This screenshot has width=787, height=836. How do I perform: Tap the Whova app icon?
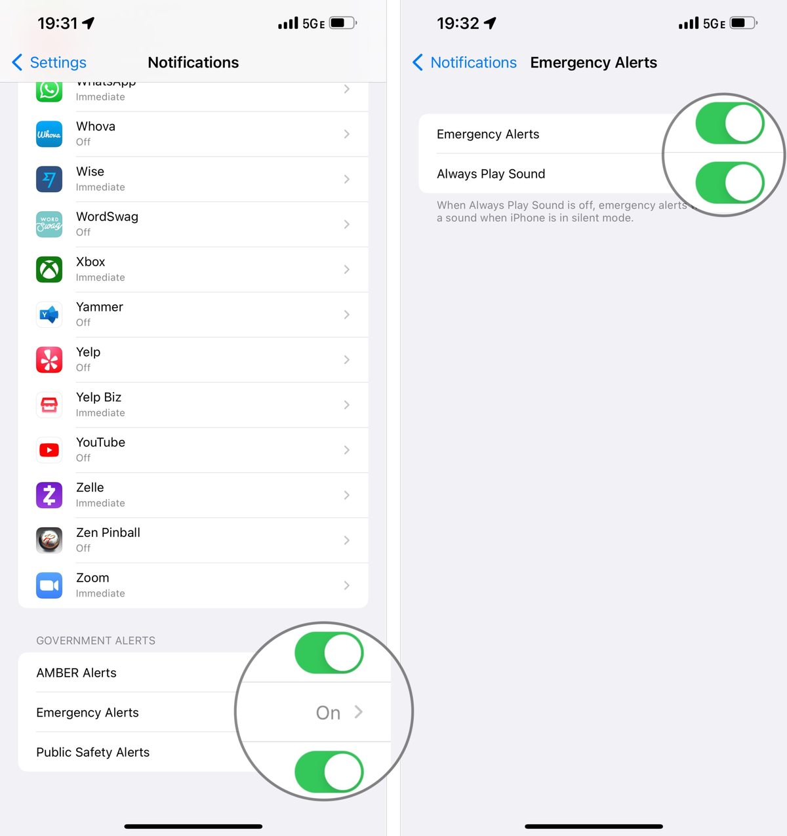point(49,134)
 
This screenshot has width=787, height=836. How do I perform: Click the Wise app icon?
point(49,179)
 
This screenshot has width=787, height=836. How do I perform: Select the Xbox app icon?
point(49,269)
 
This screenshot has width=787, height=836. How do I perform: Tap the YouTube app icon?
point(49,450)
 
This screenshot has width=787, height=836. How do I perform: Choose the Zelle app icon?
point(49,495)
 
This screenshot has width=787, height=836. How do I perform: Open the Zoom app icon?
point(49,586)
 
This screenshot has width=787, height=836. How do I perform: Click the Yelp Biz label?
point(98,397)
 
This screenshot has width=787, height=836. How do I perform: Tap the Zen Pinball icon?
point(49,540)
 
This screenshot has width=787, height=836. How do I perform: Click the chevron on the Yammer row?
point(346,315)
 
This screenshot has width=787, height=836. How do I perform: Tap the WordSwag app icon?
point(49,224)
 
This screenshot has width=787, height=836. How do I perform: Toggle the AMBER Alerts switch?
point(329,653)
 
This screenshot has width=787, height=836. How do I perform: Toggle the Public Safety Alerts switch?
point(329,772)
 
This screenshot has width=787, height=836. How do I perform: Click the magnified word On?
point(328,713)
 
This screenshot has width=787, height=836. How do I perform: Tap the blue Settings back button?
point(49,62)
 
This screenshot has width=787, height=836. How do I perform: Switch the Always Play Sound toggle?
point(729,183)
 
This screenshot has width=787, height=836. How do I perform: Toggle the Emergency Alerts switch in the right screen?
point(729,123)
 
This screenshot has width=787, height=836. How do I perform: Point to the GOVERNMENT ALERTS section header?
point(96,641)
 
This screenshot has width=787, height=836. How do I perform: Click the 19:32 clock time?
point(458,24)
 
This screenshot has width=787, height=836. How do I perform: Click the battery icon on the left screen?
point(342,23)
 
